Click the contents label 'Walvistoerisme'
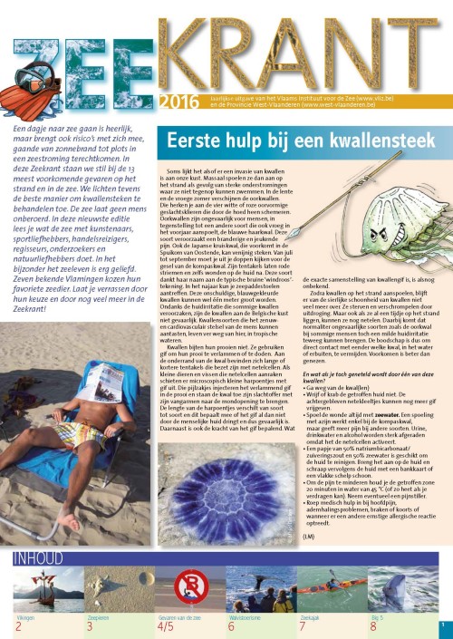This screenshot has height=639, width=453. point(243,616)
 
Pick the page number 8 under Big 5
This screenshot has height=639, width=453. point(372,626)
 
